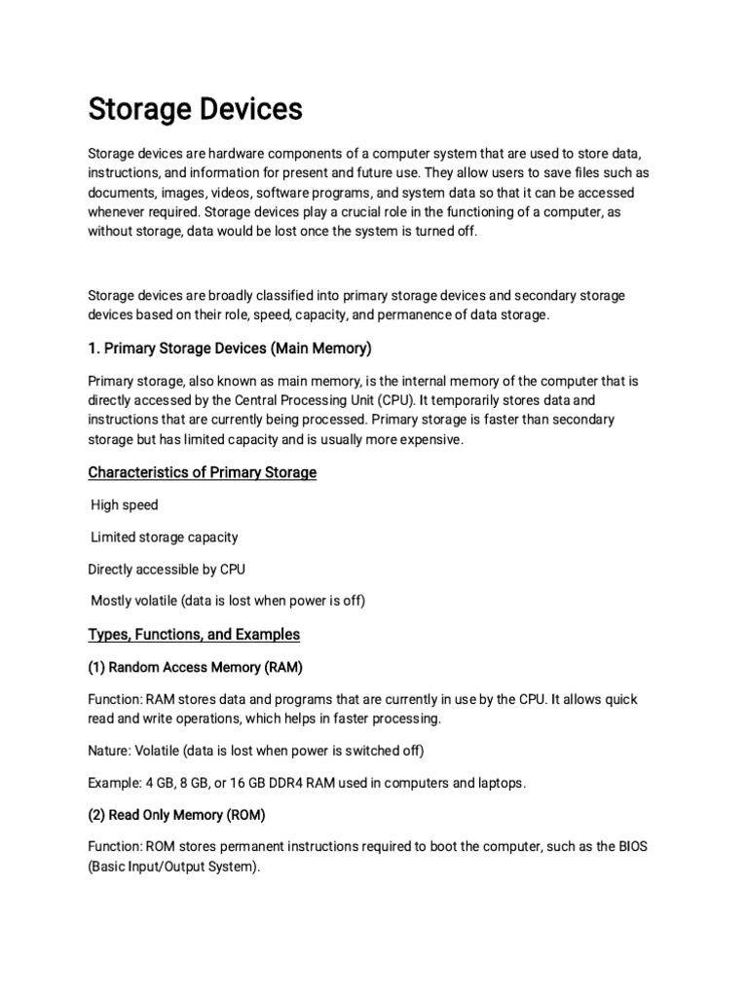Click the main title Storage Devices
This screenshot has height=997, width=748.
(x=195, y=110)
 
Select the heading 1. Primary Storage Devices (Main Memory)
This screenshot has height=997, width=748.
(x=230, y=348)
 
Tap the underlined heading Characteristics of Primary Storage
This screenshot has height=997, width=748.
(x=203, y=472)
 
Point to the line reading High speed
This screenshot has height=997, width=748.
(x=125, y=505)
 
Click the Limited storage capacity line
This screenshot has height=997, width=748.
(x=165, y=536)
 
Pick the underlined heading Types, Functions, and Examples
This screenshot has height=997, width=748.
(x=194, y=634)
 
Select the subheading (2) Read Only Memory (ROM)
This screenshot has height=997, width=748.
(x=176, y=814)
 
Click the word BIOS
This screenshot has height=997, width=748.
(x=628, y=846)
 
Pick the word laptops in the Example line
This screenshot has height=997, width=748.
(x=498, y=782)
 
